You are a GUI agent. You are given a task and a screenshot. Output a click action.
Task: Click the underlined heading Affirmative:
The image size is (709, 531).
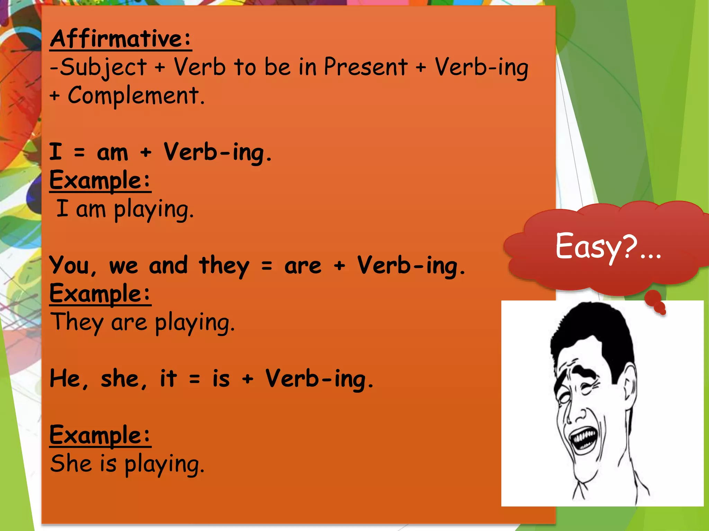120,39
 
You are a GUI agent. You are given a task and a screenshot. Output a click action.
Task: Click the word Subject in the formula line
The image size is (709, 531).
103,67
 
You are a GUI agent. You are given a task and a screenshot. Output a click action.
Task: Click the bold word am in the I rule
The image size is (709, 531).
112,153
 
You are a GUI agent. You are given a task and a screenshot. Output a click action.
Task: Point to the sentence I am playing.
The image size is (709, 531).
125,209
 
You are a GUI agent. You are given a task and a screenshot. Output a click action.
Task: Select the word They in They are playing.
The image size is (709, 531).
77,322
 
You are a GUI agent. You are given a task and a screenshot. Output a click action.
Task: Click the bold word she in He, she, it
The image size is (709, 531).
120,379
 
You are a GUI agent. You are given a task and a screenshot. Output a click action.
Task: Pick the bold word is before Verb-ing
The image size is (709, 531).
221,379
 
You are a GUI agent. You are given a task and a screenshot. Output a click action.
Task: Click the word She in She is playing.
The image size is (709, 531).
71,464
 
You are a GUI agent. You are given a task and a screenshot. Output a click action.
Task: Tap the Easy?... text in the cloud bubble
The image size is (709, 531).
608,247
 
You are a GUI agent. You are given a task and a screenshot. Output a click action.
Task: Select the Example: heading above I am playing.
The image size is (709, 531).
100,180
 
